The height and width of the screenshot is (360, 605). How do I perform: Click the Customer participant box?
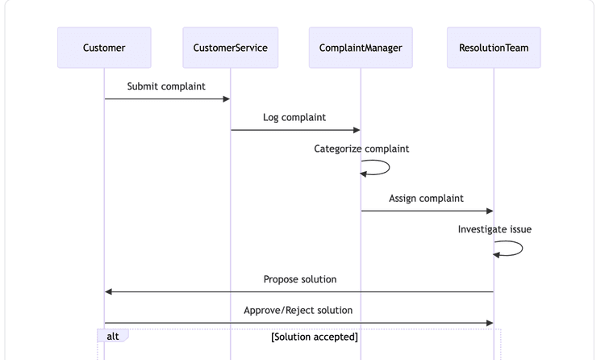point(104,48)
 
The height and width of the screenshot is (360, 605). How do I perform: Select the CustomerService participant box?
point(230,48)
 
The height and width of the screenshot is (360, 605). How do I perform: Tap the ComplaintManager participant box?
point(361,48)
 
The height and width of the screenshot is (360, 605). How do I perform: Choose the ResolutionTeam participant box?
point(494,48)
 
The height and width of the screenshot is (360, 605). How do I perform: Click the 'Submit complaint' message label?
point(166,86)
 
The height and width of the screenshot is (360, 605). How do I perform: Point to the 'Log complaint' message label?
point(294,117)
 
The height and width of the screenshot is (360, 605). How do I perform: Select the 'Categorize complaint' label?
point(361,149)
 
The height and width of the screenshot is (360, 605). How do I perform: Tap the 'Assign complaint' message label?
point(426,198)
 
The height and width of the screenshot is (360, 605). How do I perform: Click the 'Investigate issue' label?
point(494,229)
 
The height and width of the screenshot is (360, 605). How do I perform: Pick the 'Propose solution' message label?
point(299,279)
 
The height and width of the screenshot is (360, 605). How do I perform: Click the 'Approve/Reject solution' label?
point(298,310)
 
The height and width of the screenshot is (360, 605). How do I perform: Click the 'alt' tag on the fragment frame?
point(113,336)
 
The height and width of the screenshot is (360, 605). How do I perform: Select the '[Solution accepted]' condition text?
point(315,337)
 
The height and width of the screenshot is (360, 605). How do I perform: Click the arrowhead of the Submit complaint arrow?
point(226,99)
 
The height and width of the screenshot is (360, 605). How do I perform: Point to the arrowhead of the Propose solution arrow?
point(109,291)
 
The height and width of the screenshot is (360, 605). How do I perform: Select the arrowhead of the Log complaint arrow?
point(356,130)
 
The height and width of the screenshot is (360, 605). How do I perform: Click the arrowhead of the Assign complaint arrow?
point(489,211)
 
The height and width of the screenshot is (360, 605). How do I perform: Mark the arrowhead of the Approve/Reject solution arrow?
point(489,323)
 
